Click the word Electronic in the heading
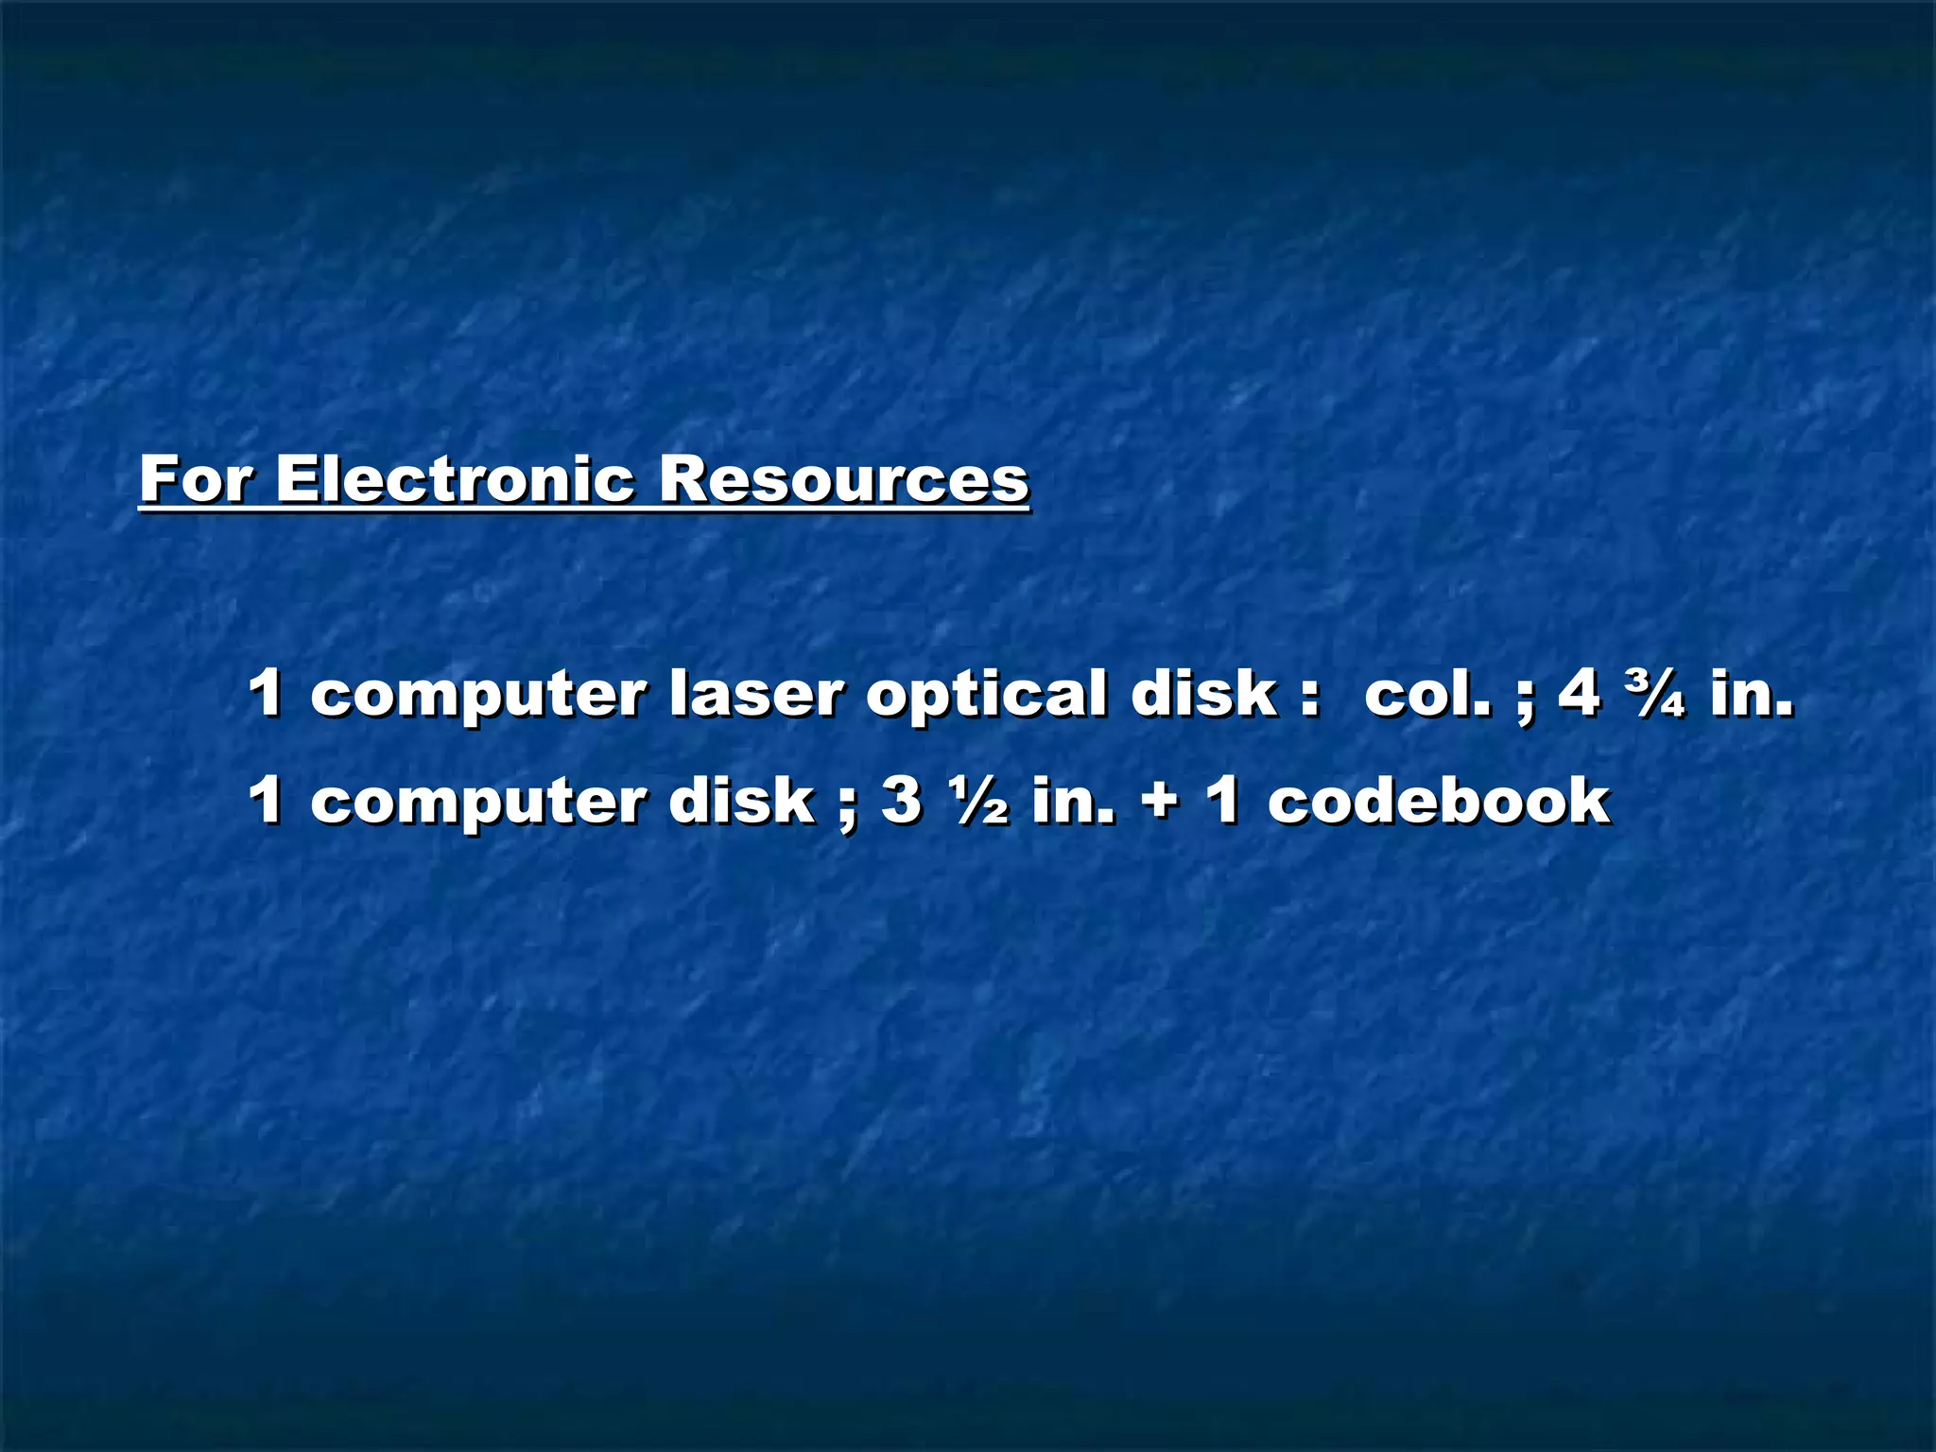coord(455,479)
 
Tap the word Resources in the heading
coord(843,479)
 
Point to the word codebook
coord(1438,801)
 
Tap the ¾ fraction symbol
coord(1654,695)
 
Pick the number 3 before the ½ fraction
coord(901,801)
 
